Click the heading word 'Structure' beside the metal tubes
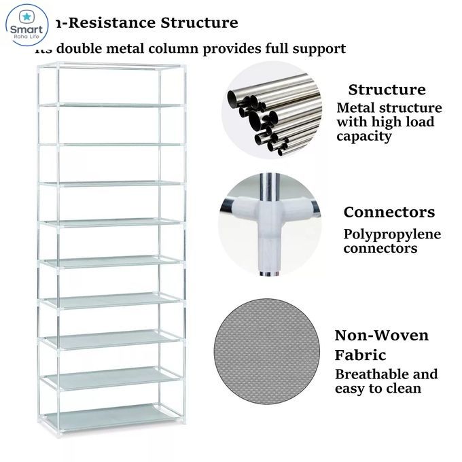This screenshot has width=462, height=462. pyautogui.click(x=387, y=90)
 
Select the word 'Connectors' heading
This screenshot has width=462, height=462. pyautogui.click(x=389, y=212)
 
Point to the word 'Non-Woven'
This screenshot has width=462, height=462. pyautogui.click(x=381, y=336)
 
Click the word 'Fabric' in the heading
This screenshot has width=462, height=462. pyautogui.click(x=360, y=355)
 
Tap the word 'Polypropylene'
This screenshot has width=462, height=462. pyautogui.click(x=392, y=234)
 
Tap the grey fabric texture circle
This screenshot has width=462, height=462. pyautogui.click(x=266, y=354)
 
